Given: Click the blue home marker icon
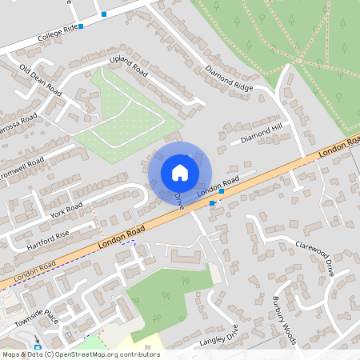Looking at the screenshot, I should (180, 172).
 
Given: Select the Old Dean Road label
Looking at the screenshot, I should (41, 79).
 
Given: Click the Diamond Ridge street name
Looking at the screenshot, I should (228, 78).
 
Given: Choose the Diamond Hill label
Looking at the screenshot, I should (262, 133).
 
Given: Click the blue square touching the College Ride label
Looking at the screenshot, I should (80, 25).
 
